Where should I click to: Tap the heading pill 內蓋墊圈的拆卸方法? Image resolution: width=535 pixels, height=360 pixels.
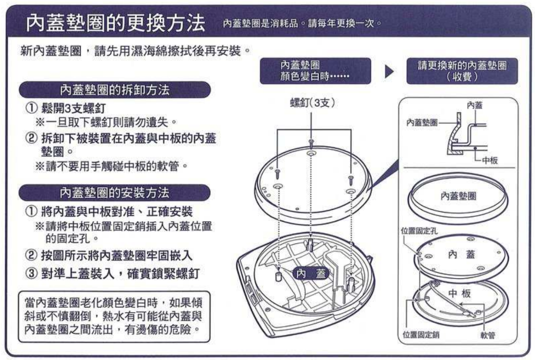(114, 90)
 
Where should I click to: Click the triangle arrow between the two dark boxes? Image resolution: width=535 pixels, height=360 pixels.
(389, 72)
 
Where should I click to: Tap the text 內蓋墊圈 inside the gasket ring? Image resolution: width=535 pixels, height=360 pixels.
(459, 196)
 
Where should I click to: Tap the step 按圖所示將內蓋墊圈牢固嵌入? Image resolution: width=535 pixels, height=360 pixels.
(111, 253)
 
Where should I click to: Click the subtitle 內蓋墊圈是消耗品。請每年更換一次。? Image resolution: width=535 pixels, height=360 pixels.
(301, 24)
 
